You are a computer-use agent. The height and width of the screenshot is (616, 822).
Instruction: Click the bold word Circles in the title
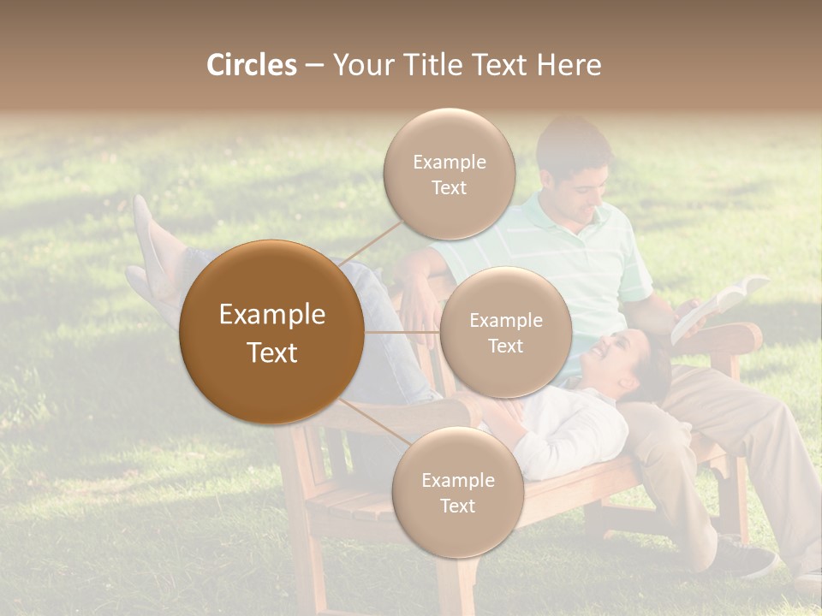(x=252, y=65)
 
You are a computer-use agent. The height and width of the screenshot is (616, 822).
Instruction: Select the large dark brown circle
(x=271, y=332)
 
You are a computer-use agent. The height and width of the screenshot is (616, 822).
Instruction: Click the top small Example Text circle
(x=449, y=174)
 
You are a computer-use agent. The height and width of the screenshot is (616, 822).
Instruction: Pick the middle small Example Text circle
(x=505, y=332)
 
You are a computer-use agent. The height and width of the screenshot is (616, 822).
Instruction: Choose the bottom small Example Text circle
(x=457, y=492)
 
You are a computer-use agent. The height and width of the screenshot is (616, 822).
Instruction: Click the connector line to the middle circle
(x=402, y=332)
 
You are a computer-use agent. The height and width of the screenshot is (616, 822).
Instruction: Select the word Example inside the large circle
(x=271, y=315)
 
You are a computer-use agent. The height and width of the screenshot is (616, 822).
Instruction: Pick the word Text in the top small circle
(x=449, y=187)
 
